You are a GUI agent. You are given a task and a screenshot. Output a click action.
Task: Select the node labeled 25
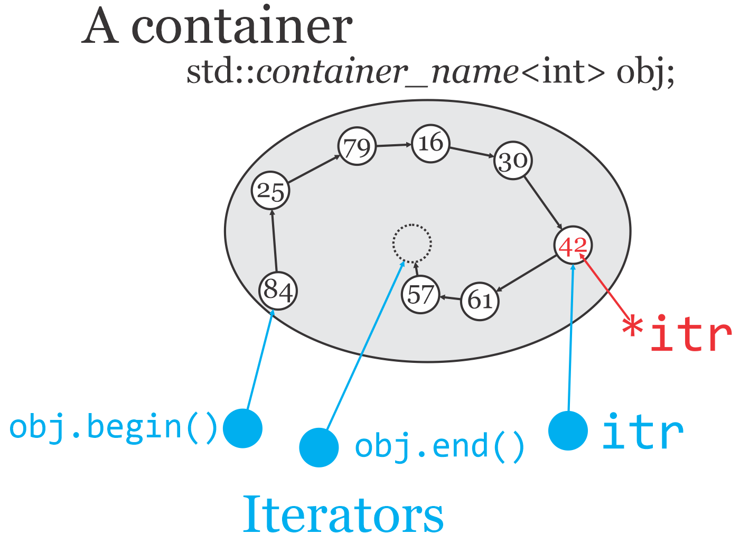click(x=270, y=191)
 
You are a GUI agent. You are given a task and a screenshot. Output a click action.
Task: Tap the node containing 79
click(x=357, y=146)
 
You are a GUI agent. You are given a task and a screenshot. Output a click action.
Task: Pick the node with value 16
click(x=430, y=143)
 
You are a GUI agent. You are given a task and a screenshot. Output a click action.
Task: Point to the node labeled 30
click(x=512, y=161)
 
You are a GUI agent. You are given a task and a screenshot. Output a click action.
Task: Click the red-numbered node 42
click(x=573, y=245)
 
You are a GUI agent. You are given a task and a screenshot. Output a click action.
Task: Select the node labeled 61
click(x=480, y=301)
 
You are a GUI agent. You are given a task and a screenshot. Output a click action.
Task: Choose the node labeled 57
click(x=420, y=294)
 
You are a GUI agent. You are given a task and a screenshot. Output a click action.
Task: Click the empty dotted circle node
click(x=412, y=244)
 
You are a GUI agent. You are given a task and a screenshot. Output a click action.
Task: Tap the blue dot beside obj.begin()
click(x=242, y=428)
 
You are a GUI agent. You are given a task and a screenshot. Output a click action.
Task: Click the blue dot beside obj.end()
click(x=319, y=447)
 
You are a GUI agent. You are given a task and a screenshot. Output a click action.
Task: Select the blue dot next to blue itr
click(x=568, y=430)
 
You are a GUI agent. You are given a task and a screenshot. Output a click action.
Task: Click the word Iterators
click(x=343, y=514)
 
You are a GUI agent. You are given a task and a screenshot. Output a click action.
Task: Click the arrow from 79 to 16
click(x=394, y=145)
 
